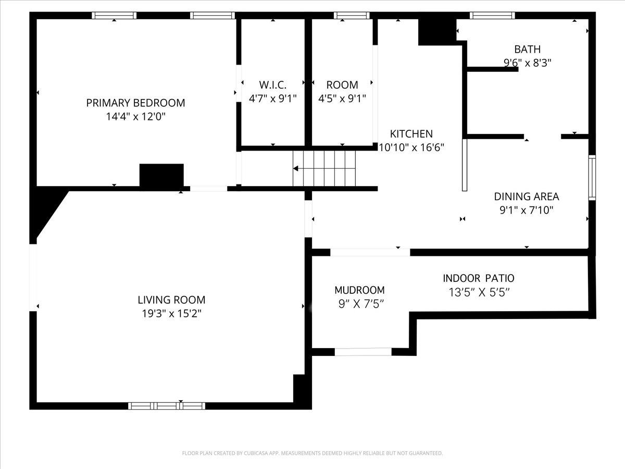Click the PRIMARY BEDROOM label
tap(135, 103)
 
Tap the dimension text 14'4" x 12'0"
tap(135, 116)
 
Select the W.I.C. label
tap(273, 85)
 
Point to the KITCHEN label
tap(411, 133)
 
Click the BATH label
tap(527, 50)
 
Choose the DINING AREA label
tap(527, 196)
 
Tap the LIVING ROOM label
tap(171, 300)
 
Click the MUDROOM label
tap(359, 290)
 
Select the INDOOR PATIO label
tap(479, 278)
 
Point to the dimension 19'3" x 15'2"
tap(171, 314)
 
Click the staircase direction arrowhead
tap(295, 168)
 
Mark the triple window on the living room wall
tap(167, 406)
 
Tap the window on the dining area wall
tap(592, 178)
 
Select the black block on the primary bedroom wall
tap(161, 175)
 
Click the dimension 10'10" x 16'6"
tap(411, 147)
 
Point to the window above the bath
tap(492, 16)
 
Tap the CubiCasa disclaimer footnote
tap(312, 453)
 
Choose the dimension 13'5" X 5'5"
tap(479, 292)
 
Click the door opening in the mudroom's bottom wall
tap(363, 352)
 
